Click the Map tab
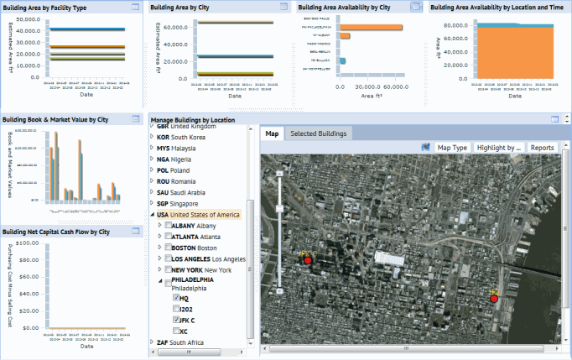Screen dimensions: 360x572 pos(272,133)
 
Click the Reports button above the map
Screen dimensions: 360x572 pos(542,148)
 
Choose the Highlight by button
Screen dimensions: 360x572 pos(498,148)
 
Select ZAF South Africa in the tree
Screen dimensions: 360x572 pos(180,342)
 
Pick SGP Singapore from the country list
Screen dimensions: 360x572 pos(177,203)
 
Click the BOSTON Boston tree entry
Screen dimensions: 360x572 pos(194,248)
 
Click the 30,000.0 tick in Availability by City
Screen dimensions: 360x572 pos(370,86)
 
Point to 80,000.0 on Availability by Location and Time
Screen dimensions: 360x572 pos(454,25)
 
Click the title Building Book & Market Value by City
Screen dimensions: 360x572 pos(55,119)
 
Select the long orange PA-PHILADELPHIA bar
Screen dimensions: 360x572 pos(371,27)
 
